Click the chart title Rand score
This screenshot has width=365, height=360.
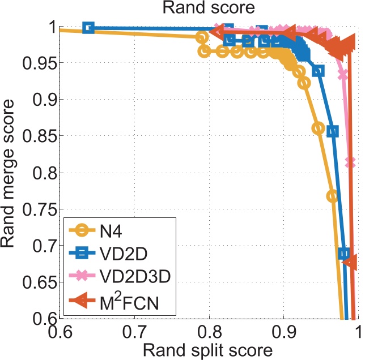coord(209,8)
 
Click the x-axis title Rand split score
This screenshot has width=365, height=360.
coord(207,350)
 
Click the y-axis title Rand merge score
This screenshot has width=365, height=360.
coord(8,174)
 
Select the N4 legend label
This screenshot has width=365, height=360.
coord(111,232)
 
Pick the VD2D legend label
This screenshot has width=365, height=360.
coord(124,254)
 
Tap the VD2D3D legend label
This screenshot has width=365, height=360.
coord(135,276)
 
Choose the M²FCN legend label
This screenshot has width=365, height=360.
coord(129,302)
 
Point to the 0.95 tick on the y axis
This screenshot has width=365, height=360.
coord(40,63)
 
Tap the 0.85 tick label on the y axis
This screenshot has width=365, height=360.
coord(40,136)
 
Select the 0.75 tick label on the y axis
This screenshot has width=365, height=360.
coord(40,209)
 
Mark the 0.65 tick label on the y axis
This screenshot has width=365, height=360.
coord(40,282)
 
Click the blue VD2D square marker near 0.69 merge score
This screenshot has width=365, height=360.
coord(344,254)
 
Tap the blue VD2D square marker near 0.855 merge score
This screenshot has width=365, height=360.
coord(333,131)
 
